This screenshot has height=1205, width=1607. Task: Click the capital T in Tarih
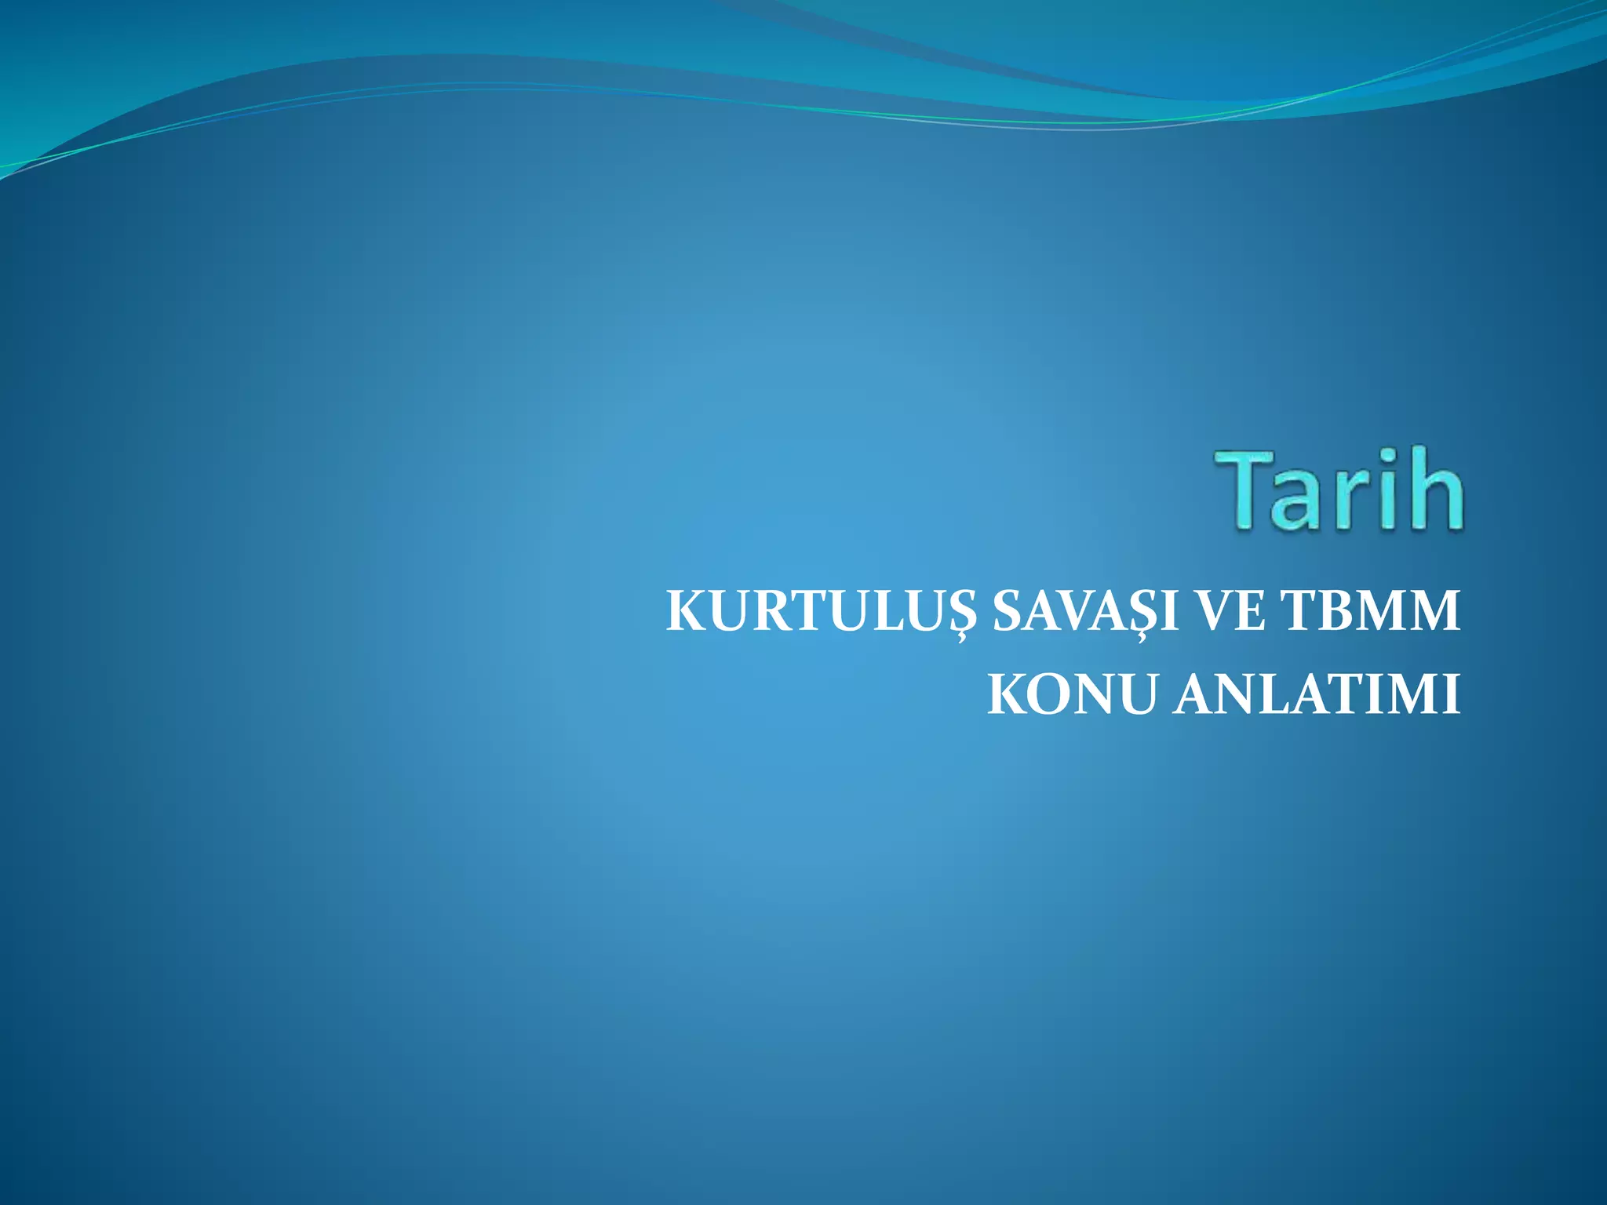tap(1248, 490)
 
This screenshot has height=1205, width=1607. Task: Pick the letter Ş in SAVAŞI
tap(1147, 613)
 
